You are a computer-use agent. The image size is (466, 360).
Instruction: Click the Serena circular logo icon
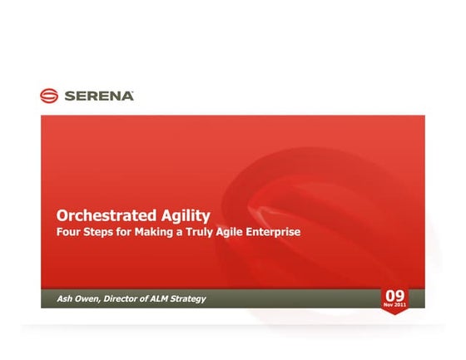50,96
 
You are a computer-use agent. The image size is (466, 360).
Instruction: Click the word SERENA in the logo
98,96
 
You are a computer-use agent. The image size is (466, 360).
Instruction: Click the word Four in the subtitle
68,232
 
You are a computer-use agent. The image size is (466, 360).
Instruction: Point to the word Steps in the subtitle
101,232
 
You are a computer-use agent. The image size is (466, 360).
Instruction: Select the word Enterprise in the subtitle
280,232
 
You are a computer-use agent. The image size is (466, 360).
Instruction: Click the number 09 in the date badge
394,295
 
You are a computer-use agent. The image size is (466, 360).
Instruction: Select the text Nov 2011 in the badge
394,305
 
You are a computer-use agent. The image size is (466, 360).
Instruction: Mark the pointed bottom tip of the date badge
394,314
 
